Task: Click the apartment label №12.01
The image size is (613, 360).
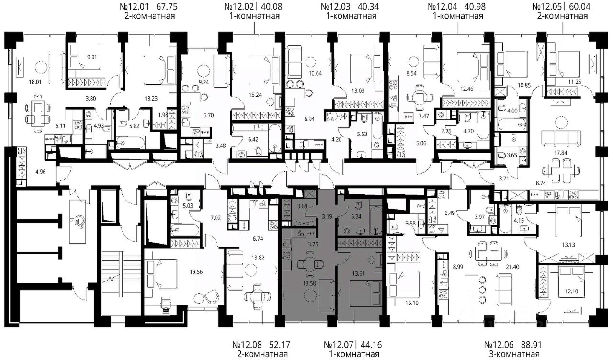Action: click(x=134, y=6)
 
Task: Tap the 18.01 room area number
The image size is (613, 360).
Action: click(x=35, y=82)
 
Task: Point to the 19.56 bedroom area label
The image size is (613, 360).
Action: click(x=196, y=271)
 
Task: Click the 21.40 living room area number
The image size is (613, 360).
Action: click(x=512, y=267)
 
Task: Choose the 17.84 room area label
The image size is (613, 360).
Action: click(x=560, y=153)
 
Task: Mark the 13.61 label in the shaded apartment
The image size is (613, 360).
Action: click(x=359, y=273)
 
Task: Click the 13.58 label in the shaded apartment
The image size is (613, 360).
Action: click(x=309, y=284)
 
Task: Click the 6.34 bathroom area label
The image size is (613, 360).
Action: click(x=356, y=217)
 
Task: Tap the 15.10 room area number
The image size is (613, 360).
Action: click(x=411, y=303)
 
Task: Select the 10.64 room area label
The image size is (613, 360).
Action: click(x=315, y=73)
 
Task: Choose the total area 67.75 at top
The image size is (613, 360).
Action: click(x=166, y=6)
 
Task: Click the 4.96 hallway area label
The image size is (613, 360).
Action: click(x=41, y=172)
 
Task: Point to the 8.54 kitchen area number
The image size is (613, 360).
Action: click(x=411, y=73)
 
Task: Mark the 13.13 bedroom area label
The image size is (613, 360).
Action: click(x=568, y=245)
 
